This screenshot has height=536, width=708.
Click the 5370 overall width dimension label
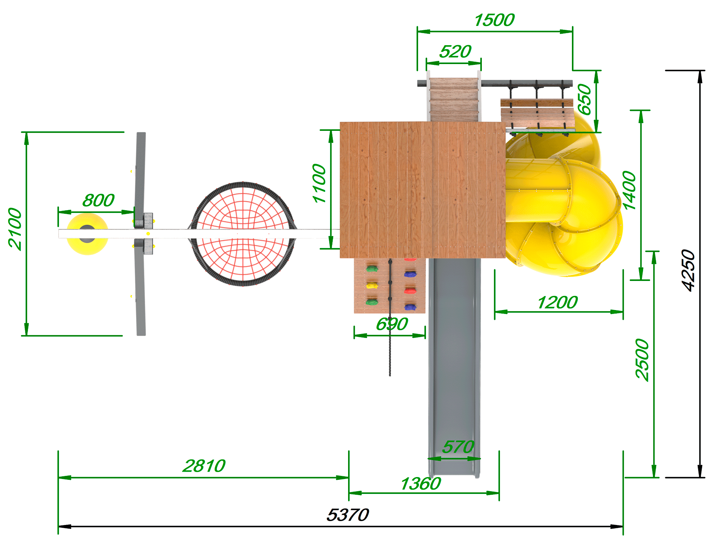(x=348, y=515)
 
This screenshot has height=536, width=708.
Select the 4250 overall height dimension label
(x=688, y=270)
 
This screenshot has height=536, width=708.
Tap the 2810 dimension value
(x=204, y=466)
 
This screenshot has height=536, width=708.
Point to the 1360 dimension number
(x=420, y=484)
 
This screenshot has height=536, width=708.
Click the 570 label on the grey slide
(x=458, y=447)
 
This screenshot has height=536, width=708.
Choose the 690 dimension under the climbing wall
(x=392, y=324)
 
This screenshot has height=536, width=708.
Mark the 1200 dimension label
(x=557, y=303)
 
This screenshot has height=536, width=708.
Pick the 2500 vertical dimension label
(x=642, y=359)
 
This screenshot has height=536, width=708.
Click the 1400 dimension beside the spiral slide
(x=629, y=191)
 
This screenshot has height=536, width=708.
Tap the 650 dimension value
(x=584, y=99)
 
